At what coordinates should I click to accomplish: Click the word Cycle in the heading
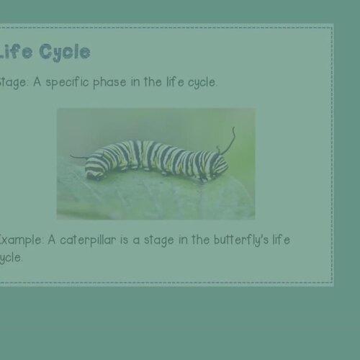65,53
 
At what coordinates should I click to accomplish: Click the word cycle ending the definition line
202,82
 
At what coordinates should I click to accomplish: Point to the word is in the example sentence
130,240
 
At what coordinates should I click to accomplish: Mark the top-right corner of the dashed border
332,27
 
